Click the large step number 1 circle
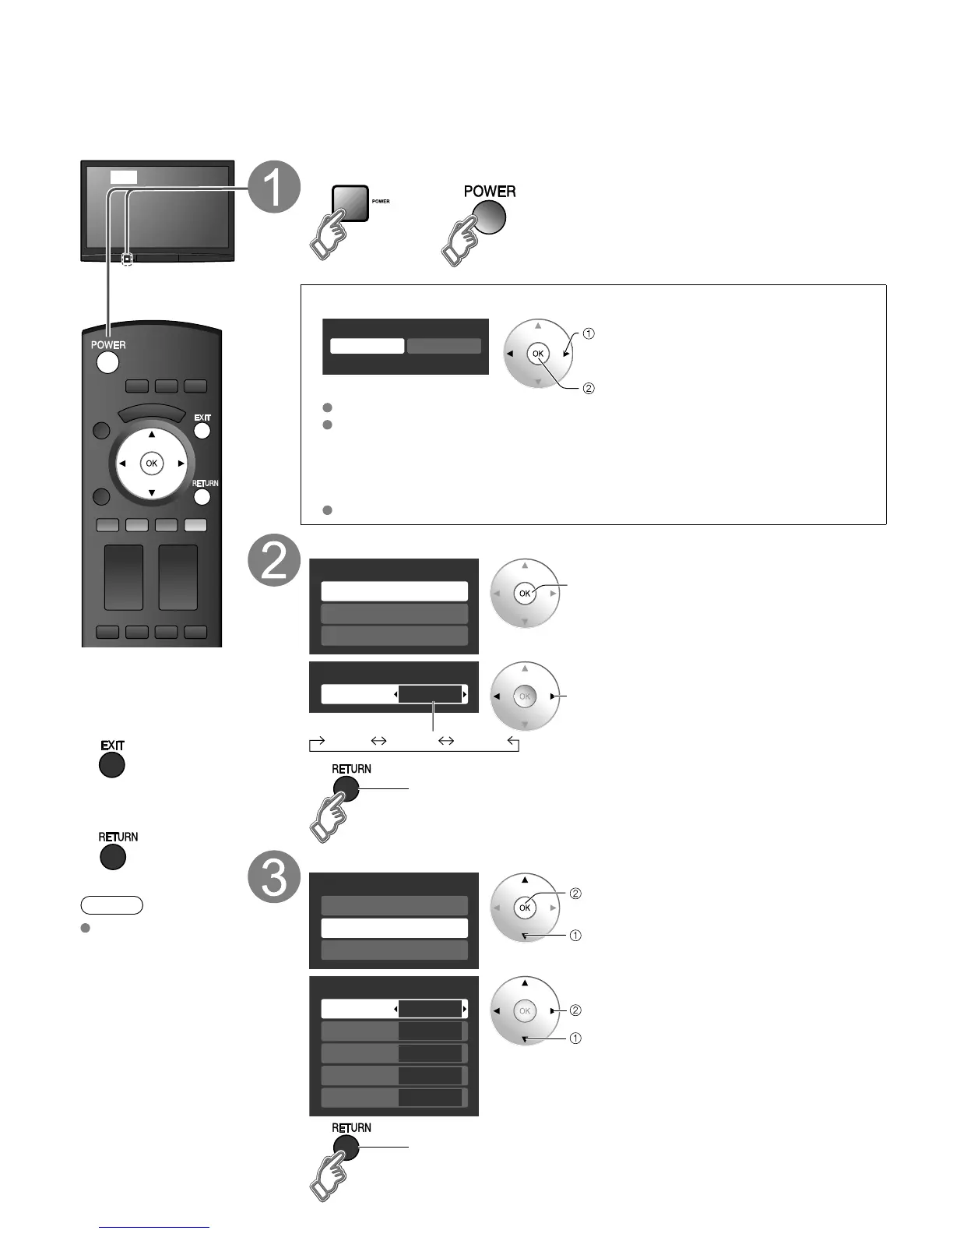274,187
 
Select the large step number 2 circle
274,562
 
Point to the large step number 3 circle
274,878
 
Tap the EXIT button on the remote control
202,430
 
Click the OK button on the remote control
151,464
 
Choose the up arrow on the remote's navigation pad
152,435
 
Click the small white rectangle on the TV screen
123,178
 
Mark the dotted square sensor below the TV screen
127,258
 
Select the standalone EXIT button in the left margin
112,765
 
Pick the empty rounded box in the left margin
111,904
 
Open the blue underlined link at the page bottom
154,1227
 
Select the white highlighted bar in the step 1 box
367,346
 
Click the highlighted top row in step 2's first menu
394,591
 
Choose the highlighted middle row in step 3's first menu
394,928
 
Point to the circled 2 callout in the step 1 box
589,388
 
